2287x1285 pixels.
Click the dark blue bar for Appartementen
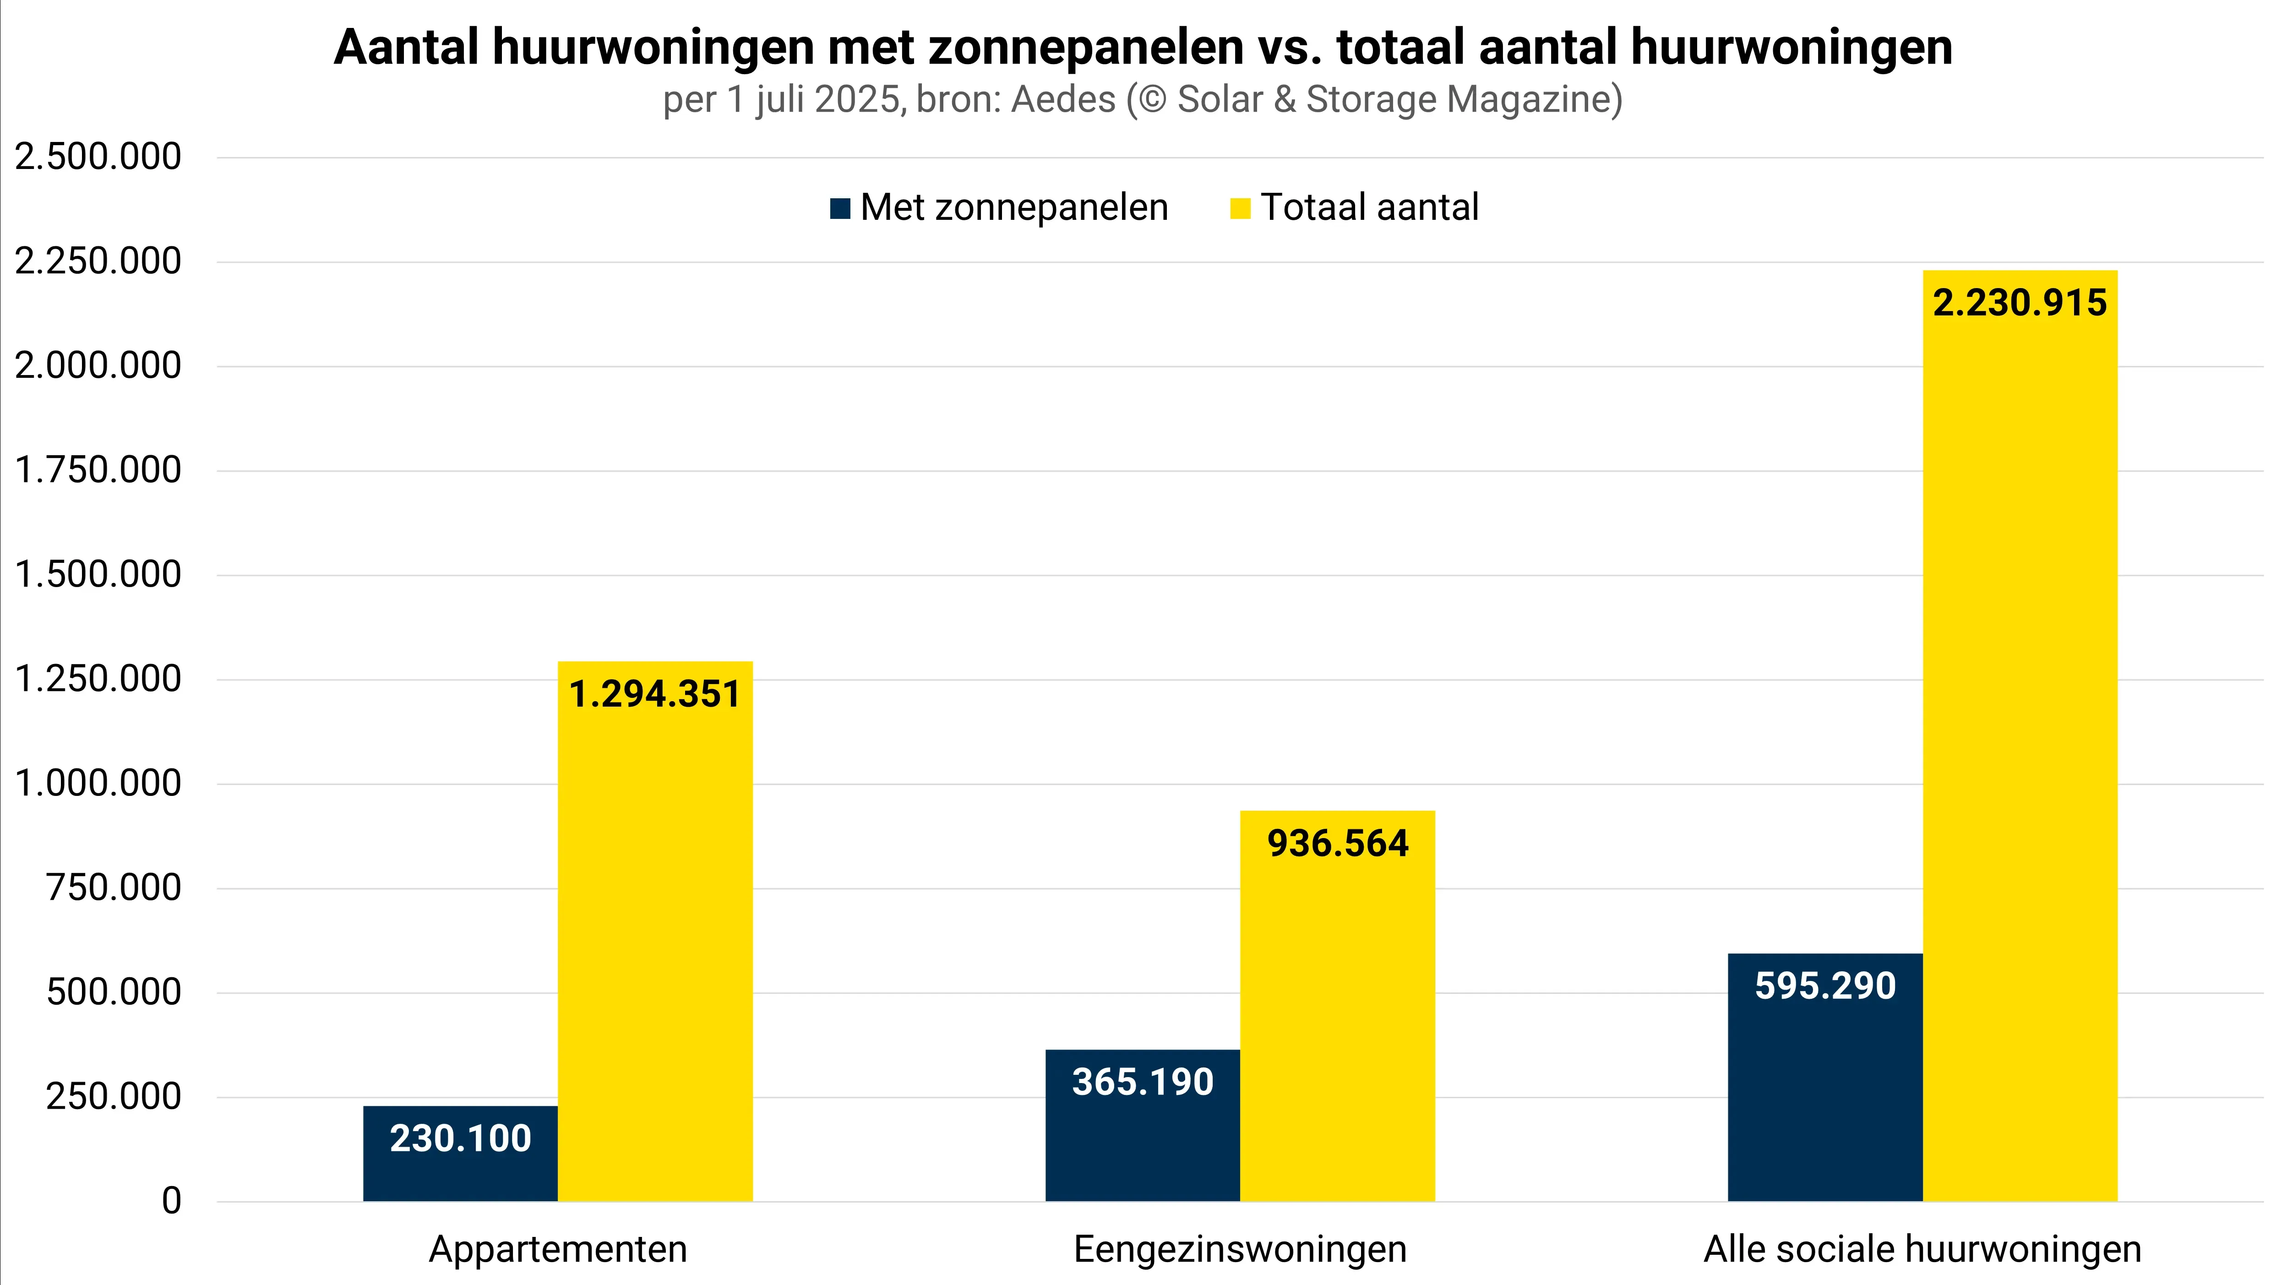coord(460,1172)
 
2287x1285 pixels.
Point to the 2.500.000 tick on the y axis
coord(98,157)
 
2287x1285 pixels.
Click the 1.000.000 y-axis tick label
coord(98,784)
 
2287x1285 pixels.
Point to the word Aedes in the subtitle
coord(1063,99)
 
